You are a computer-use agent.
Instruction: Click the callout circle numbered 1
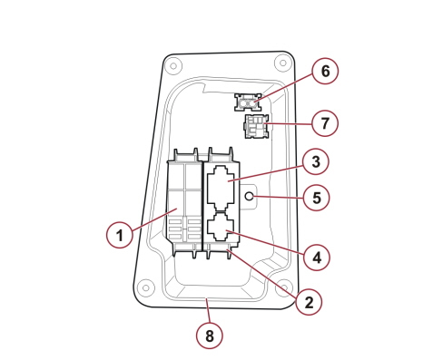coord(120,235)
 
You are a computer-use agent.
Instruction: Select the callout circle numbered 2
coord(309,302)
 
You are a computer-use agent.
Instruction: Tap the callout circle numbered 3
coord(316,161)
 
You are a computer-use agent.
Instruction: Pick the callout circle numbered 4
coord(317,258)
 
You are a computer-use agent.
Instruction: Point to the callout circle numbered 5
coord(316,198)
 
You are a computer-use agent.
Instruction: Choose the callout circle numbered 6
coord(325,71)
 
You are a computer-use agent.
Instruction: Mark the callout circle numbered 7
coord(325,123)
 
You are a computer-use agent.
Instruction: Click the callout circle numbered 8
coord(209,336)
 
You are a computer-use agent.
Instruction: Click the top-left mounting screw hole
coord(173,66)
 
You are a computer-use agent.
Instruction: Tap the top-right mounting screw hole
coord(282,63)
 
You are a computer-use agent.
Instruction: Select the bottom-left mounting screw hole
coord(146,287)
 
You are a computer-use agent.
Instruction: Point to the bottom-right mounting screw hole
coord(284,287)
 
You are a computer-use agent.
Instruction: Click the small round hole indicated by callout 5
coord(249,196)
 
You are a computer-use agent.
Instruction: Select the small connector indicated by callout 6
coord(248,102)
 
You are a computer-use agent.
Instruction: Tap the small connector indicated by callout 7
coord(257,126)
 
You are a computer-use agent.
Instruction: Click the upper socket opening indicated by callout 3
coord(221,188)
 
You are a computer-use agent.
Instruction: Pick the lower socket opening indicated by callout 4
coord(221,227)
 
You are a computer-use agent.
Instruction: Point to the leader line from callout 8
coord(208,310)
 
